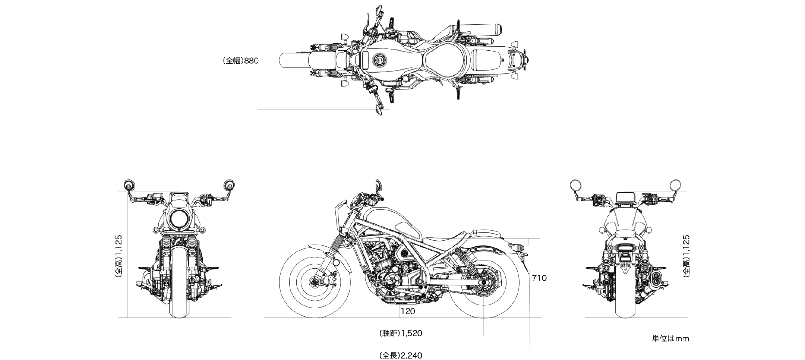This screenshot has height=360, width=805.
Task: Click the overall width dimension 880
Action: [x=251, y=61]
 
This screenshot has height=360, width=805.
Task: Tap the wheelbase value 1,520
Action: [x=411, y=333]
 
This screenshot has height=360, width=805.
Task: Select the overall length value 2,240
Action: [x=411, y=356]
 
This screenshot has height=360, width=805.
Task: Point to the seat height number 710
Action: [x=539, y=278]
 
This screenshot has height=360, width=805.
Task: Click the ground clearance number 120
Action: [x=408, y=311]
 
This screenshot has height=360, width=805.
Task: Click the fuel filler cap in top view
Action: [x=380, y=60]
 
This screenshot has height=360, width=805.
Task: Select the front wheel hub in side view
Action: [x=315, y=282]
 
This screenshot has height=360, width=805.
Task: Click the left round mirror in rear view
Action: [x=575, y=184]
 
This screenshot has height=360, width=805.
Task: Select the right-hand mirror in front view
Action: [x=229, y=185]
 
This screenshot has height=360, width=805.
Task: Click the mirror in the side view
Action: [x=379, y=185]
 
